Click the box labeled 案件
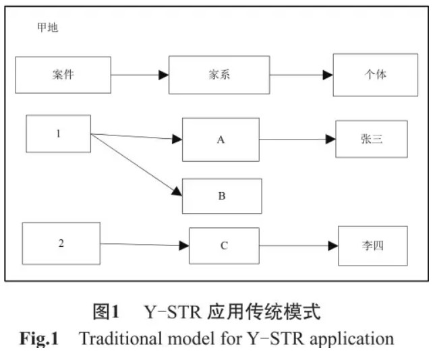click(x=63, y=75)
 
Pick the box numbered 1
click(x=58, y=133)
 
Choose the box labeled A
click(x=220, y=140)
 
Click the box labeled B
click(x=221, y=196)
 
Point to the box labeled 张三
click(x=371, y=139)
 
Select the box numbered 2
click(x=61, y=243)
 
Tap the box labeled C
click(x=224, y=246)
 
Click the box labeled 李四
click(x=372, y=246)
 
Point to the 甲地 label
click(x=47, y=28)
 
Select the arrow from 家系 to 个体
click(x=301, y=75)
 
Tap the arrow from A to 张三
click(x=297, y=140)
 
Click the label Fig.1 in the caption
click(x=39, y=338)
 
